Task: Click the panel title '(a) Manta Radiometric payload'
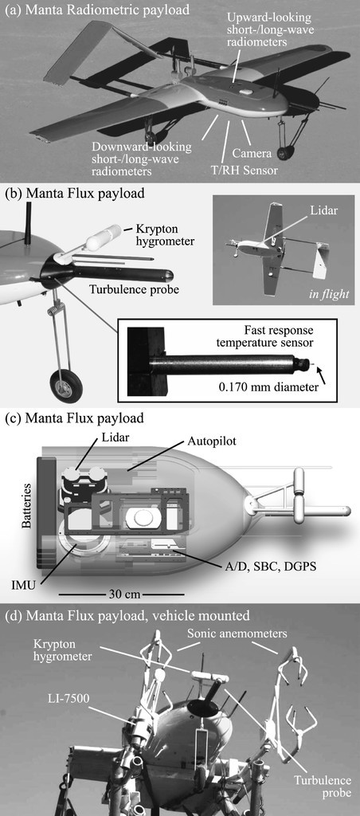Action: [96, 9]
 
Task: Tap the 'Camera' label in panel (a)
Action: [252, 154]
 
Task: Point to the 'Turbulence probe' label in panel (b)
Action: [135, 289]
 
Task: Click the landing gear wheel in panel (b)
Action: [64, 388]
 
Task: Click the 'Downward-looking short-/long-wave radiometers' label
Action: [142, 159]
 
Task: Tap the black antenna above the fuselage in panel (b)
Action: [27, 222]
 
